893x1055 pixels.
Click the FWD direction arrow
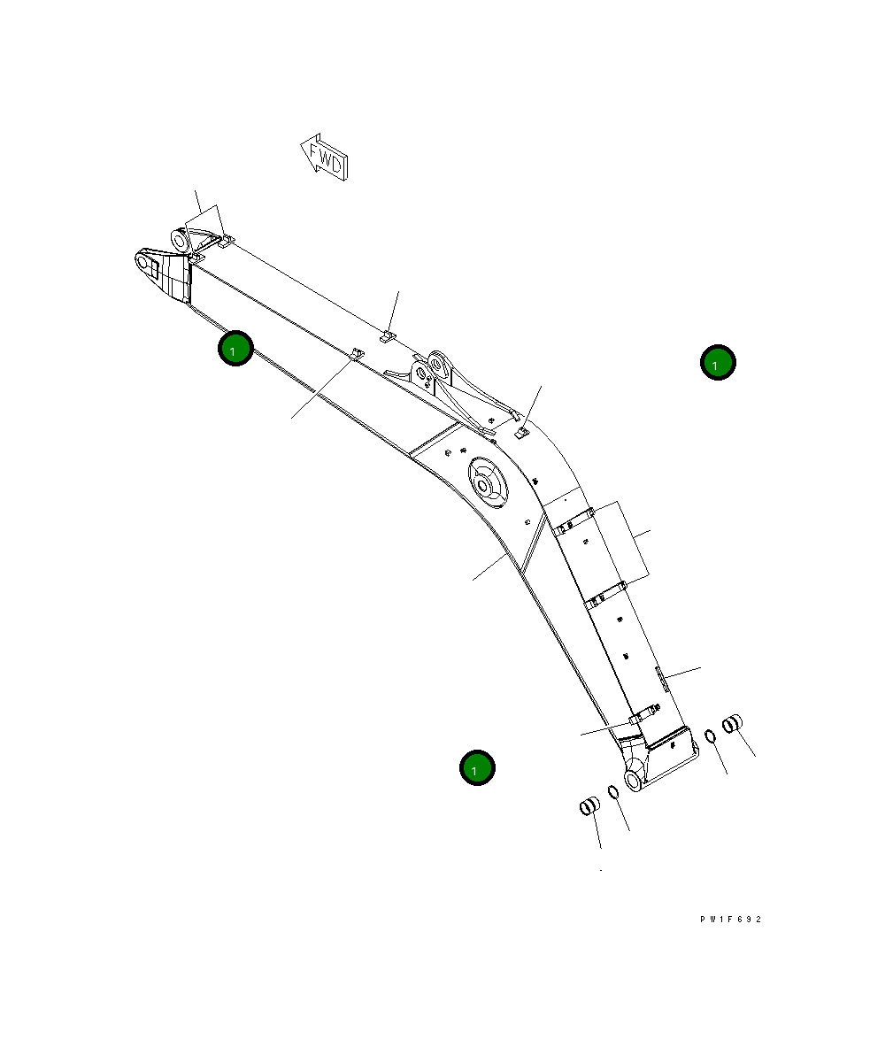324,157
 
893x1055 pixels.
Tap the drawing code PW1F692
730,920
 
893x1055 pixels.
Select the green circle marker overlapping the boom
235,349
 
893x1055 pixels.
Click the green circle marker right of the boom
718,362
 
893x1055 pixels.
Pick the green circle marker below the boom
477,768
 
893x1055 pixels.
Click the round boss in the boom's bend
485,483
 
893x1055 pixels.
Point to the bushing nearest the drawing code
734,724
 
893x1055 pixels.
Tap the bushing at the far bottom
589,806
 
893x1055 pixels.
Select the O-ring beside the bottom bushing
613,791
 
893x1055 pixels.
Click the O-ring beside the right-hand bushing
710,735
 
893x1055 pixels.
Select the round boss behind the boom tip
180,240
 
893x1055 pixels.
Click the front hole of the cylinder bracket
437,362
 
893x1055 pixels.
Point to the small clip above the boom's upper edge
387,336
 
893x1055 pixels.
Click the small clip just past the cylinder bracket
521,433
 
